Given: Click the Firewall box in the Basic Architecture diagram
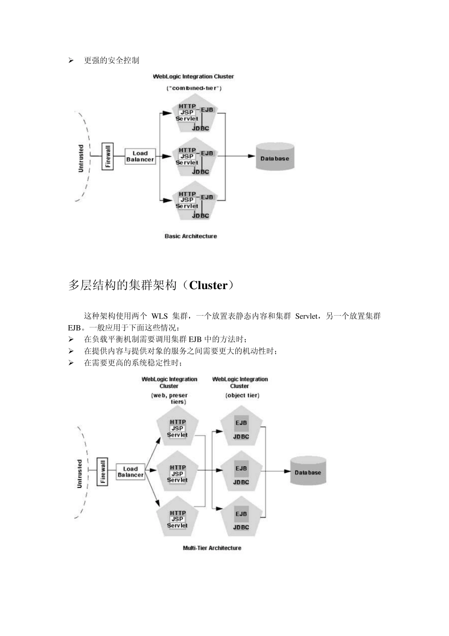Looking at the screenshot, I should (108, 156).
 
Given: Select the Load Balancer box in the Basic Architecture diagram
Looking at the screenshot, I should (140, 156).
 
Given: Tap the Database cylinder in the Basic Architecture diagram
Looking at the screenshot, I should (275, 158).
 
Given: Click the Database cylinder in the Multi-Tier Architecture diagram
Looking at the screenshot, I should (308, 471).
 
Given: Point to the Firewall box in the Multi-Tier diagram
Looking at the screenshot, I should (103, 471).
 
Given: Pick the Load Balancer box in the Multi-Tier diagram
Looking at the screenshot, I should (130, 472).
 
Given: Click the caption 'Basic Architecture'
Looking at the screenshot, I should (190, 236).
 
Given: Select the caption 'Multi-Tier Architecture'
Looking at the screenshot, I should (212, 548).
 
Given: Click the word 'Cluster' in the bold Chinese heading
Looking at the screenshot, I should (208, 285).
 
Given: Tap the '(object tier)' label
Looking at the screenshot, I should (242, 395).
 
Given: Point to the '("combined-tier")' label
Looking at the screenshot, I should (194, 88).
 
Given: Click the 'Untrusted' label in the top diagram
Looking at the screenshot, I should (81, 158).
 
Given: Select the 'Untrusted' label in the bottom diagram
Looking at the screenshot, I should (79, 474).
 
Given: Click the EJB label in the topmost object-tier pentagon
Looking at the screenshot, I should (241, 423).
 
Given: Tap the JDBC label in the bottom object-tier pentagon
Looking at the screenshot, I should (241, 528).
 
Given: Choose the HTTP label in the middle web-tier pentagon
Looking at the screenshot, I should (178, 468).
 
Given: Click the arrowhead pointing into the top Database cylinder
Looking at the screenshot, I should (252, 156).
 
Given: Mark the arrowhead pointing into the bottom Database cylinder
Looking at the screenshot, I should (287, 471).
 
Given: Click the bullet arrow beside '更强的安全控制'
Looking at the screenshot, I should (71, 61).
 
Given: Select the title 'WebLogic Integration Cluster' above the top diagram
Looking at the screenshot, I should (193, 77).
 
